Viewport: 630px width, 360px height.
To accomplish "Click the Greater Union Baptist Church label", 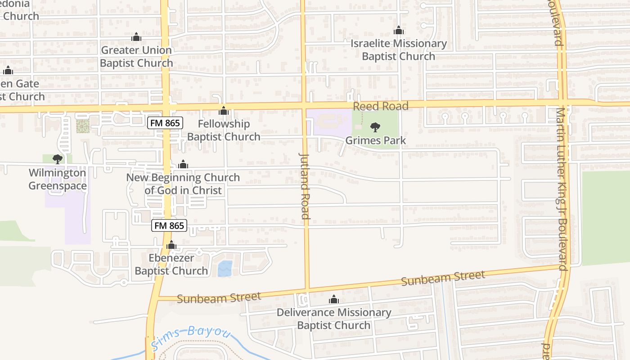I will pyautogui.click(x=136, y=56).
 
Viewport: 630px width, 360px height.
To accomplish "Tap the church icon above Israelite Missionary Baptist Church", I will pyautogui.click(x=398, y=31).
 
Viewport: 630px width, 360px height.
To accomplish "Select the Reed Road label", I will pyautogui.click(x=380, y=106).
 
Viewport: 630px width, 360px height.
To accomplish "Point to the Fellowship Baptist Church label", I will pyautogui.click(x=224, y=130).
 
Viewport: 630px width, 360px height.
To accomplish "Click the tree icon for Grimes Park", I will pyautogui.click(x=375, y=127).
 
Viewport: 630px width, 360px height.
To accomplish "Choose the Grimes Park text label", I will pyautogui.click(x=376, y=140).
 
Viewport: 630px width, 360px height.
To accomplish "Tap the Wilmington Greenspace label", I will pyautogui.click(x=57, y=179).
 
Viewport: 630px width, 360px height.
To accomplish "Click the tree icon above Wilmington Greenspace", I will pyautogui.click(x=57, y=159).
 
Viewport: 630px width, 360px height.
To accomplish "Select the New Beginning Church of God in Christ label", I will pyautogui.click(x=183, y=184).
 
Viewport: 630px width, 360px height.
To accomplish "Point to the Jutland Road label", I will pyautogui.click(x=305, y=185).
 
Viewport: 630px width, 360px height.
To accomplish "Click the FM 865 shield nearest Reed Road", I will pyautogui.click(x=165, y=122).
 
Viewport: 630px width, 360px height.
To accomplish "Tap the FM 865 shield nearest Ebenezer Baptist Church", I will pyautogui.click(x=169, y=225).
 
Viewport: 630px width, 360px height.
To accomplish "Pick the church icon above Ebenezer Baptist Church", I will pyautogui.click(x=171, y=245).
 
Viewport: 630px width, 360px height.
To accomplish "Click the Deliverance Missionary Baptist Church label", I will pyautogui.click(x=334, y=319).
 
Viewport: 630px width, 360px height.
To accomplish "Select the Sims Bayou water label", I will pyautogui.click(x=191, y=337).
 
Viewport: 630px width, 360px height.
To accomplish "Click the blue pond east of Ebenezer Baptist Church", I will pyautogui.click(x=225, y=269).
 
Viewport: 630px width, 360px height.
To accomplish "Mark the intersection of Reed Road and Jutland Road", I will pyautogui.click(x=303, y=105).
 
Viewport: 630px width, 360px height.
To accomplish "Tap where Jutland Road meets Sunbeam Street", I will pyautogui.click(x=308, y=288).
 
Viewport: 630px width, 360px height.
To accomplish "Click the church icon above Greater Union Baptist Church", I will pyautogui.click(x=136, y=37).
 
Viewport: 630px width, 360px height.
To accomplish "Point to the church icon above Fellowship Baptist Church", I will pyautogui.click(x=224, y=111).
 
